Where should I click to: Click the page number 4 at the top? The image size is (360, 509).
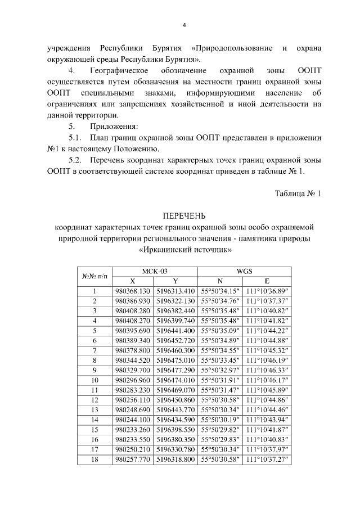tap(184, 25)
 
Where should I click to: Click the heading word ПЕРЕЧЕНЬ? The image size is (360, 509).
tap(184, 216)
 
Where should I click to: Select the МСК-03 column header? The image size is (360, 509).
tap(155, 271)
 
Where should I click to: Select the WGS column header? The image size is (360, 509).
tap(244, 271)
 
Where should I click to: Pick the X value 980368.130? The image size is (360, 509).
tap(133, 291)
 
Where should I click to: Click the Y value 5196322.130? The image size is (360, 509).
tap(176, 301)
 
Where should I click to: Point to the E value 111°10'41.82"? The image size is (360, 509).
tap(267, 321)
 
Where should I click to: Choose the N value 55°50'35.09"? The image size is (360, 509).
tap(220, 331)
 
